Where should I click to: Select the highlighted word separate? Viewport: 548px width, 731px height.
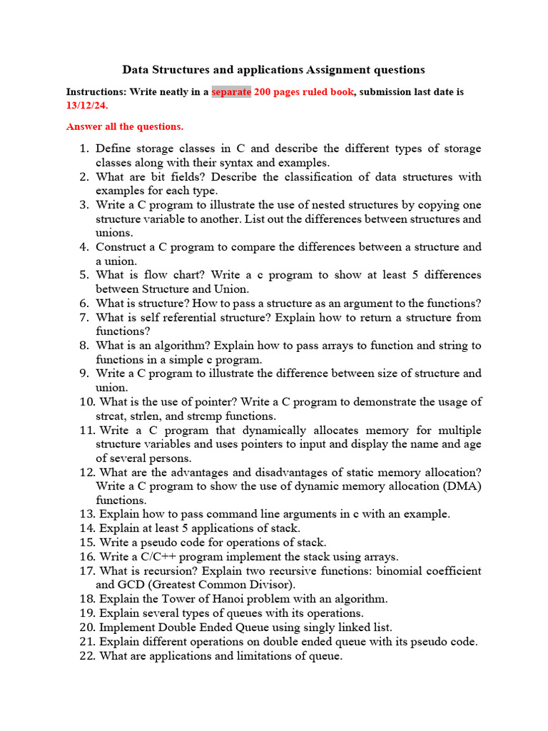(x=231, y=92)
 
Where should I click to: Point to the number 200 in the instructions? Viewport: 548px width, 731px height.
(x=264, y=92)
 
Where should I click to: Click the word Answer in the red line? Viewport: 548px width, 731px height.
(x=84, y=126)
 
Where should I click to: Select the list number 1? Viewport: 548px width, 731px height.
(x=82, y=148)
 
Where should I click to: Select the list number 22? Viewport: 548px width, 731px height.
(x=87, y=655)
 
